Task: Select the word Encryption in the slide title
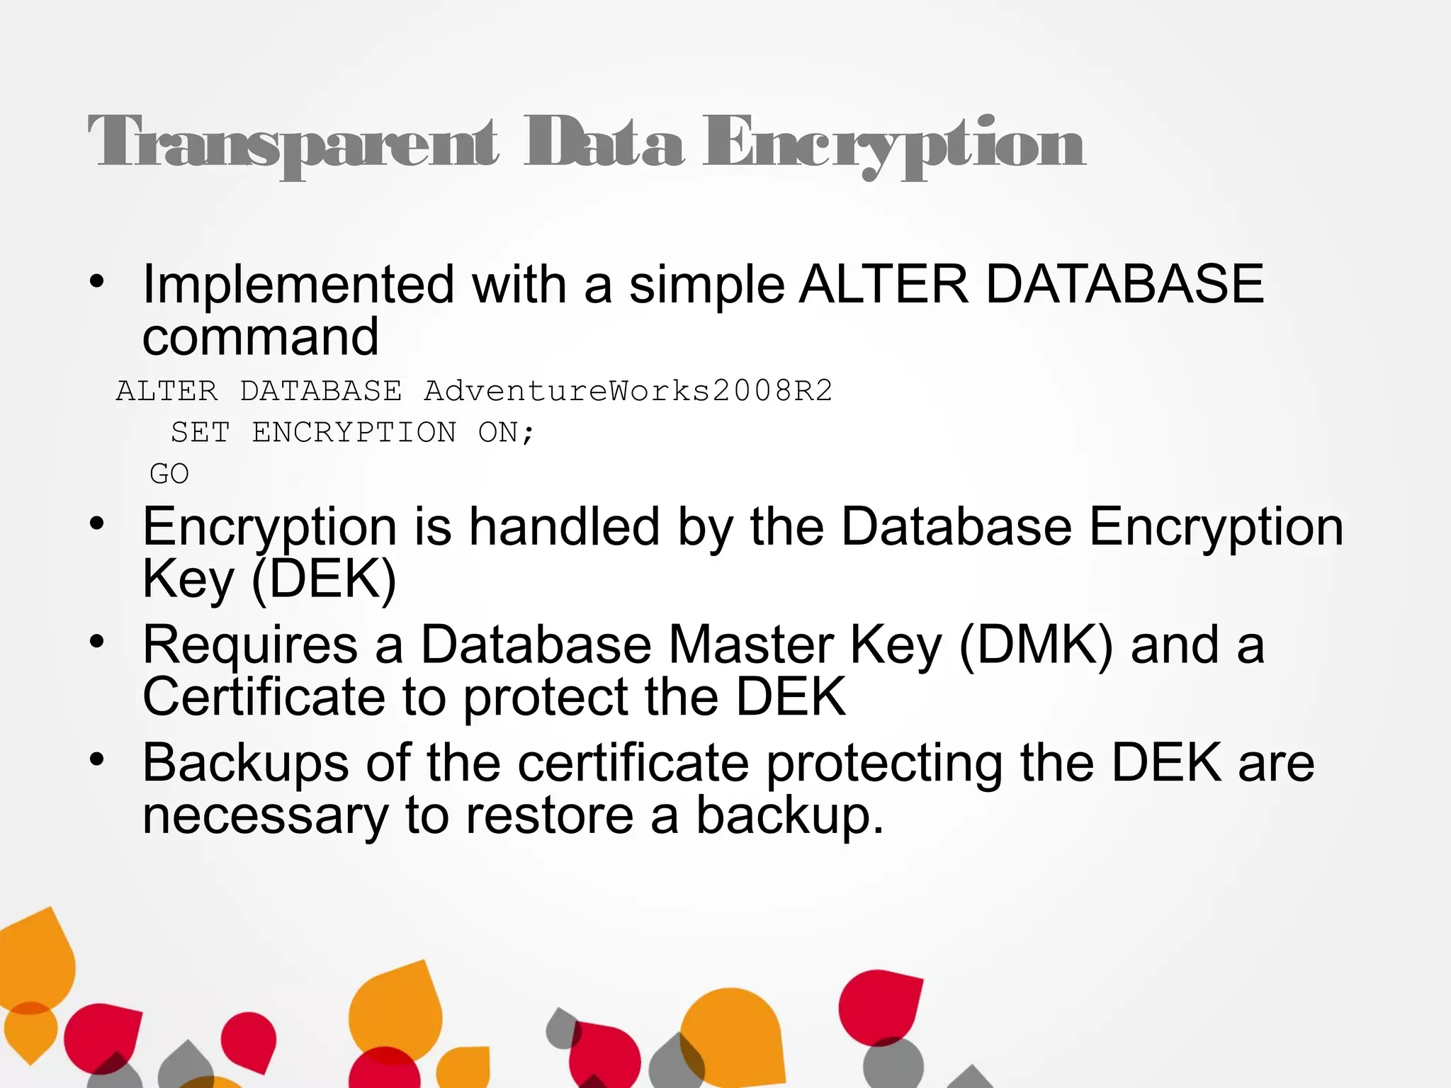click(x=893, y=144)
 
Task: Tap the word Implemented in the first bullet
click(x=298, y=285)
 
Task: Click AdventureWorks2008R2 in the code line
click(x=628, y=391)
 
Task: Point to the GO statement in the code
click(x=169, y=474)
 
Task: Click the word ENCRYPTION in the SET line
click(x=354, y=432)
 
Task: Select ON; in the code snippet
click(x=506, y=432)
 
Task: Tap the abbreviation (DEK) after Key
click(x=324, y=579)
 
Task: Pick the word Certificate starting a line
click(x=264, y=697)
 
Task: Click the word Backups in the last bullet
click(x=246, y=763)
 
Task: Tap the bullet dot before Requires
click(x=97, y=642)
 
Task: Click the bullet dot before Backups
click(x=97, y=760)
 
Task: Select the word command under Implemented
click(x=261, y=337)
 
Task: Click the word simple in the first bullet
click(x=706, y=285)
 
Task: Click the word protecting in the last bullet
click(x=884, y=763)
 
